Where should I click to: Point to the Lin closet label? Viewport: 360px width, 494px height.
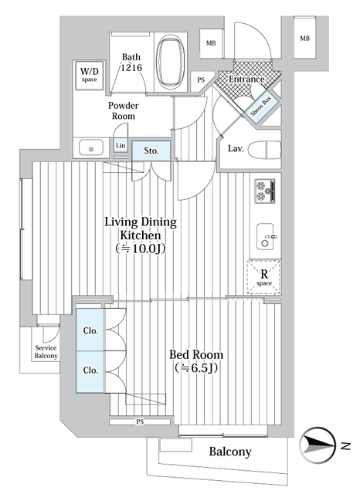[x=120, y=146]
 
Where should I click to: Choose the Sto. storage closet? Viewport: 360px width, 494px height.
[x=151, y=151]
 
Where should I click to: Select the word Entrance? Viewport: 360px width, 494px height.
[x=242, y=80]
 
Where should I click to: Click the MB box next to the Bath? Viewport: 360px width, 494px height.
[x=211, y=43]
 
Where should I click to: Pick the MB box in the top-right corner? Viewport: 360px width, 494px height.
[x=305, y=39]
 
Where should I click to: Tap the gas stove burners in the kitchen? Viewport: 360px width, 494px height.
[x=265, y=190]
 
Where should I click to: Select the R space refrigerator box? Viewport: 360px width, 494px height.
[x=263, y=276]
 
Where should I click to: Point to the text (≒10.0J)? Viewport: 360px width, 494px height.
[x=141, y=249]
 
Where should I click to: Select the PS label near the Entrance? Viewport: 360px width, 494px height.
[x=201, y=80]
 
